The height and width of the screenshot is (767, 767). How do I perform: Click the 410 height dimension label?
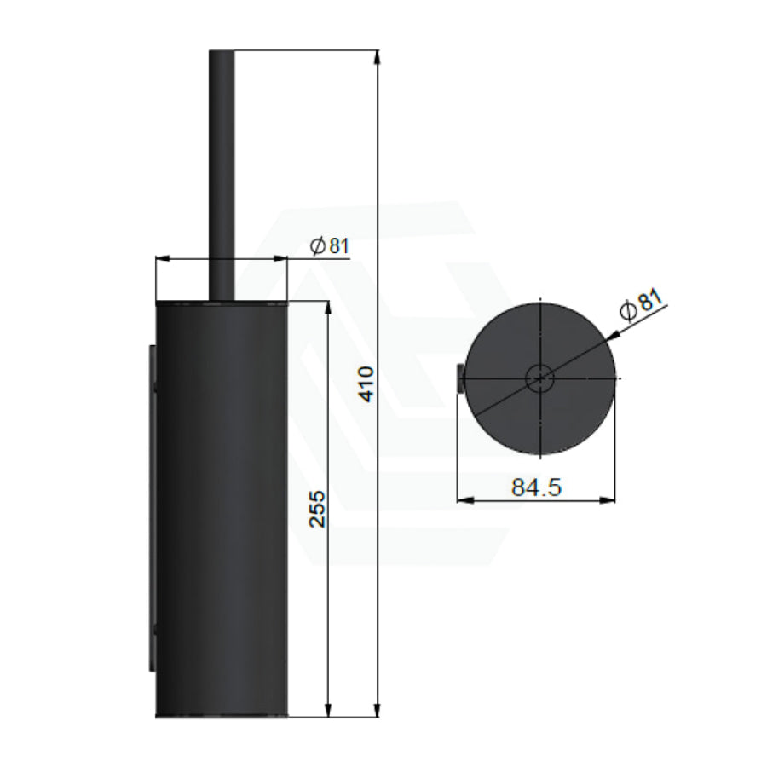click(366, 384)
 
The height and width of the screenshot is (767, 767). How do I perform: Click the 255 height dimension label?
click(318, 509)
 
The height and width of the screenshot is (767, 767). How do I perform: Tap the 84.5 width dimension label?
click(536, 487)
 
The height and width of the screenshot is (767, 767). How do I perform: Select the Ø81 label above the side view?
click(330, 245)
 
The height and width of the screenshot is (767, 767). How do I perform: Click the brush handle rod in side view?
click(222, 175)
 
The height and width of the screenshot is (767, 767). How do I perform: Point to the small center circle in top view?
click(540, 378)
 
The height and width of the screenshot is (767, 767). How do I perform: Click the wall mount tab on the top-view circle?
click(460, 378)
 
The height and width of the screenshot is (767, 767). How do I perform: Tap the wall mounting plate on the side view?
click(153, 509)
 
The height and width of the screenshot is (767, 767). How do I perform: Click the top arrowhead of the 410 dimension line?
click(377, 57)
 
